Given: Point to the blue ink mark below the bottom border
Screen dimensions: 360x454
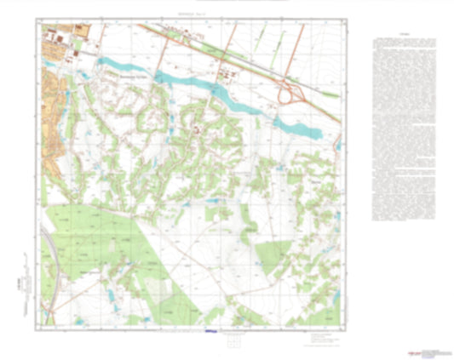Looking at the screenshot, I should pos(211,331).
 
